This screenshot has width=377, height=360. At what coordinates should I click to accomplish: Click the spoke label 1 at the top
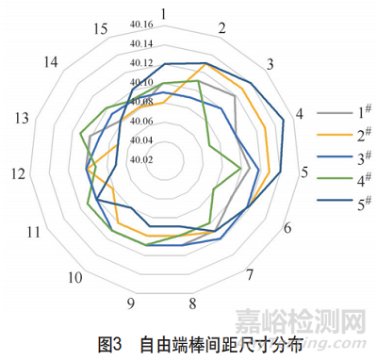(x=164, y=14)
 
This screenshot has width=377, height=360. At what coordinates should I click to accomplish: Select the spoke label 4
(x=300, y=114)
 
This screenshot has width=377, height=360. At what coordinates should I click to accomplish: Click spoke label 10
(x=74, y=278)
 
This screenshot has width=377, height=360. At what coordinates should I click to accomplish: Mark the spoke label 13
(x=22, y=118)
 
